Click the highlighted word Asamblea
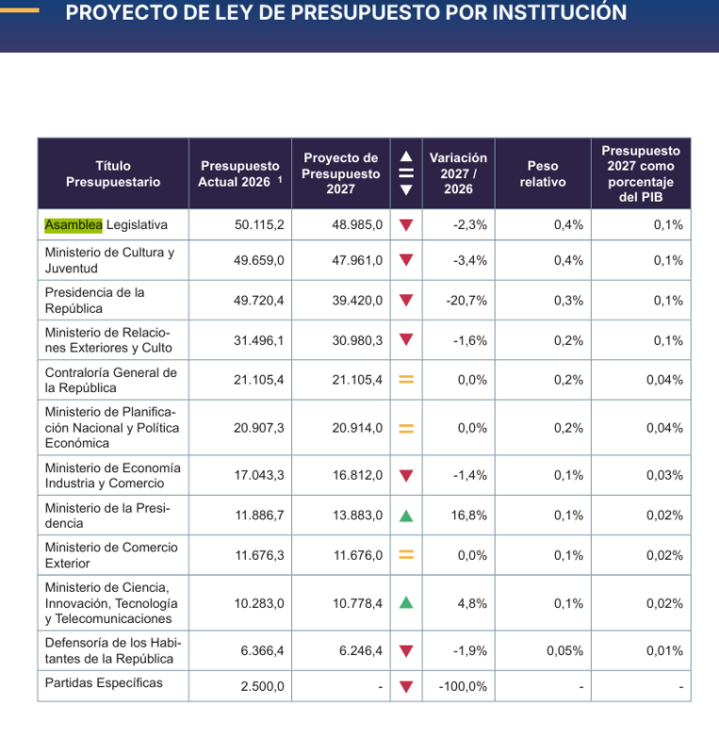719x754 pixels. tap(74, 225)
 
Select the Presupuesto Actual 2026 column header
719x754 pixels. tap(240, 173)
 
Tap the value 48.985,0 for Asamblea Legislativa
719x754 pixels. tap(357, 225)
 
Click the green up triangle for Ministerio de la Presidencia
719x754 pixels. tap(406, 516)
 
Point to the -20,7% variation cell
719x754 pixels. tap(466, 301)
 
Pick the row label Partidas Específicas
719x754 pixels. tap(104, 682)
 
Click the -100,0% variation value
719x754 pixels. tap(463, 686)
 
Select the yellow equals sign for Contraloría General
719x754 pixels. tap(406, 380)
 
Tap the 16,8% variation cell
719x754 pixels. tap(469, 516)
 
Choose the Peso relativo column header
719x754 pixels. tap(543, 173)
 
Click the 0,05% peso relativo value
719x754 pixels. tap(565, 651)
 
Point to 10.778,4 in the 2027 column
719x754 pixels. tap(358, 603)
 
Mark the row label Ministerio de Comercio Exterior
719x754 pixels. tap(111, 555)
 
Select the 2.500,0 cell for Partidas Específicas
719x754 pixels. tap(263, 686)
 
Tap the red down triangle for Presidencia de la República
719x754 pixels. tap(406, 301)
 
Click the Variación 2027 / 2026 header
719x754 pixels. tap(458, 173)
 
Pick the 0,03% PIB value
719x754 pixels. tap(664, 476)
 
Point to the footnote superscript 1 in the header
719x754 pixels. tap(280, 179)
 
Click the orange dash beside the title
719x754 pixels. tap(20, 10)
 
